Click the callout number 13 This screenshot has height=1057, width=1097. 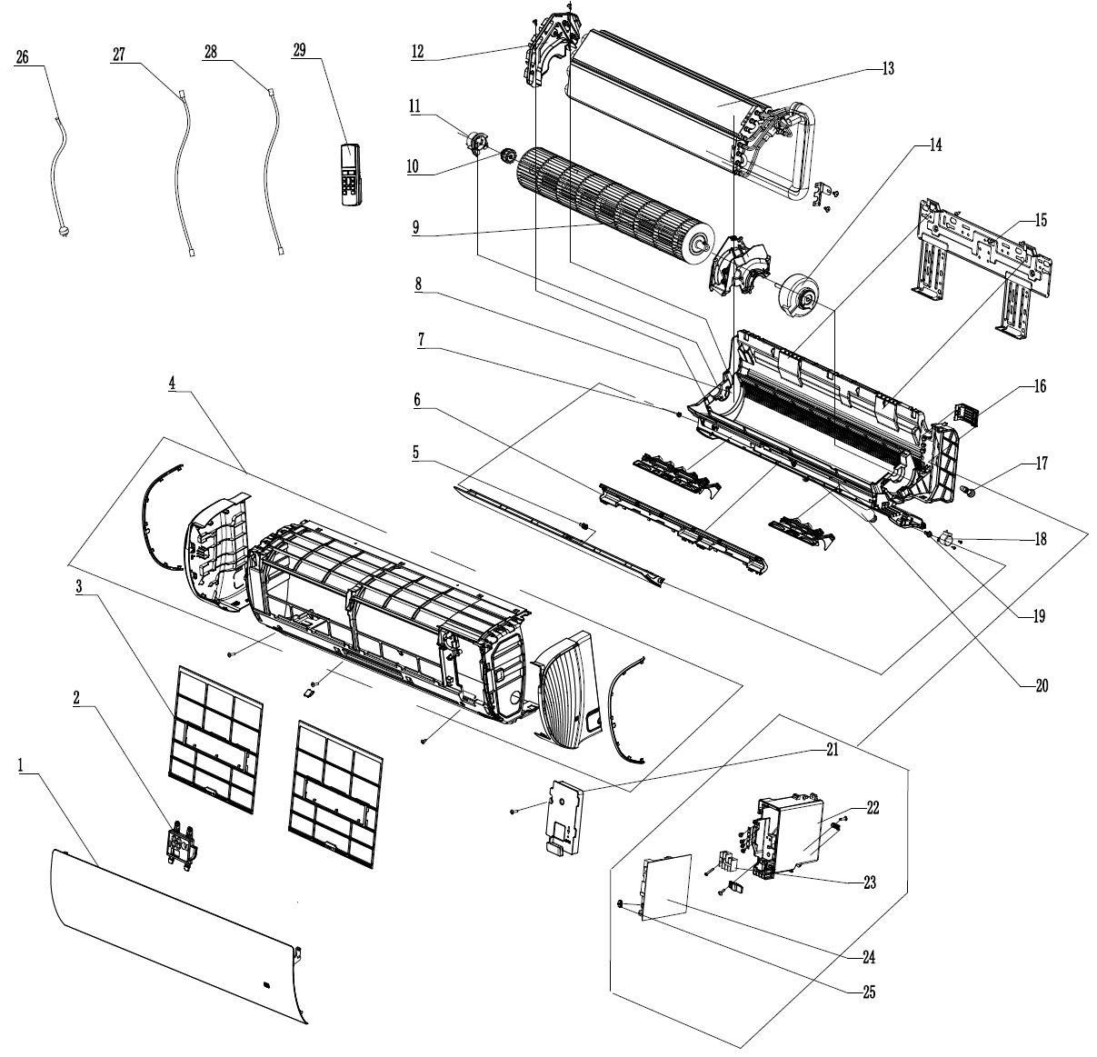coord(887,68)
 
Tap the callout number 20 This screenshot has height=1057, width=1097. coord(1041,686)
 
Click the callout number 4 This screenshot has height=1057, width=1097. coord(172,384)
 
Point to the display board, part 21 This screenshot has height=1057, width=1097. coord(563,814)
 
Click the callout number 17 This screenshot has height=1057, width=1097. coord(1041,464)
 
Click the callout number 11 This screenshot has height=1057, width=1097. coord(414,106)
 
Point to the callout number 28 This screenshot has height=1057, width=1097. coord(211,54)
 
